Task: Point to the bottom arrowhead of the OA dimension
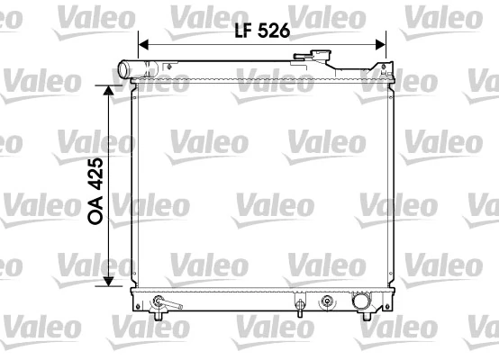109,281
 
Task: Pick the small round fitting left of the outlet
327,301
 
